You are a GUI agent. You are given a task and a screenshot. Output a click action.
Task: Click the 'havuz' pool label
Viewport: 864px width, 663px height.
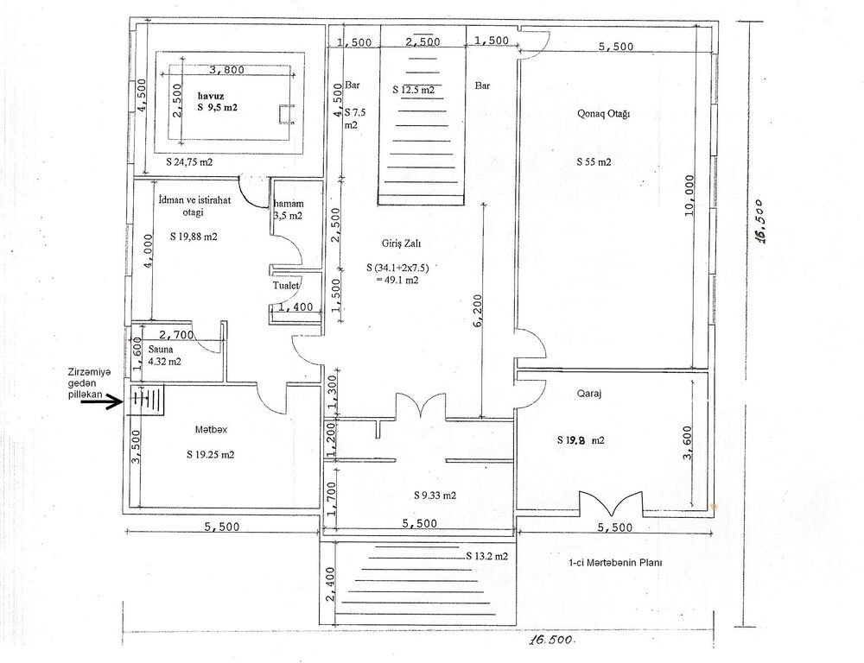pos(211,96)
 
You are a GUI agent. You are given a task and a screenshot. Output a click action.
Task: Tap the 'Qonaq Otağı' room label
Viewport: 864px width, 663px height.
pos(603,114)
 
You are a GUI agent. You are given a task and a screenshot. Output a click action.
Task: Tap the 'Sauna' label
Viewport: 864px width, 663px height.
pos(161,349)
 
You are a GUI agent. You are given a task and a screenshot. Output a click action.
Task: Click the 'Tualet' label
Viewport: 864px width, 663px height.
pos(287,285)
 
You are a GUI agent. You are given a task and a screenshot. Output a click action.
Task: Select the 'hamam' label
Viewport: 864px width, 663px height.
pos(289,204)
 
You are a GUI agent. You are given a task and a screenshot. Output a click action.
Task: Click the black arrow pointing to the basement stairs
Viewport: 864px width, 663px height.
pos(103,402)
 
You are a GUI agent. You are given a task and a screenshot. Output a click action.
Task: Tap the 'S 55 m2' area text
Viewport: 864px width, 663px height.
pos(594,162)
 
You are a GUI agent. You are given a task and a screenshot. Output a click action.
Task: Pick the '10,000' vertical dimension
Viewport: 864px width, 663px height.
pos(689,196)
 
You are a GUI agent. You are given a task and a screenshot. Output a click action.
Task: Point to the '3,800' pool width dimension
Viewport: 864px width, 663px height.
pos(226,70)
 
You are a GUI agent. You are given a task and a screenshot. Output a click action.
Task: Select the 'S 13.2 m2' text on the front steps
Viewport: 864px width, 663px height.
pos(487,556)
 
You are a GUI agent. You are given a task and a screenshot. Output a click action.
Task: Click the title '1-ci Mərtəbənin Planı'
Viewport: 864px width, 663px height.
pos(615,563)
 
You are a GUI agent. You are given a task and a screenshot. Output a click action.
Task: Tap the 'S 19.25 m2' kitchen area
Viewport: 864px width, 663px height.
pos(211,455)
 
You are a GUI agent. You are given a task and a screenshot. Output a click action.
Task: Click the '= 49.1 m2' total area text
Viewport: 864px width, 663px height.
pos(397,280)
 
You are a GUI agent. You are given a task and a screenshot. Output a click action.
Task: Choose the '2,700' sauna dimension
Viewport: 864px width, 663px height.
pos(176,335)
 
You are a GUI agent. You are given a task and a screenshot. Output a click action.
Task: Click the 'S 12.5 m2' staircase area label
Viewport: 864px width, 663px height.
pos(414,89)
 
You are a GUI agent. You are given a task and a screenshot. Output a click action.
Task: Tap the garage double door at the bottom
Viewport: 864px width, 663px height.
pos(610,502)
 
